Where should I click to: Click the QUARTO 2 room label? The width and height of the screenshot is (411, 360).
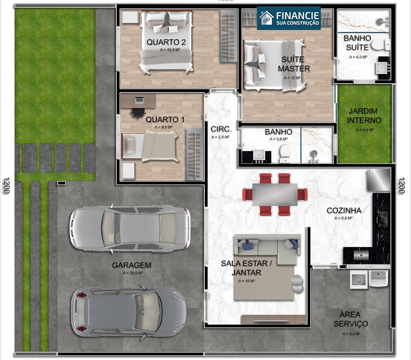166,42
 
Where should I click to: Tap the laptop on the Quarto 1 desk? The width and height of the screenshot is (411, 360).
139,100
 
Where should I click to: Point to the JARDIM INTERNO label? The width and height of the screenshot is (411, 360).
364,116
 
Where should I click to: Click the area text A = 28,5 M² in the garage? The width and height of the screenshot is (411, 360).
133,273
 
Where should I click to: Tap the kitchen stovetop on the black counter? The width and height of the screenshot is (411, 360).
382,220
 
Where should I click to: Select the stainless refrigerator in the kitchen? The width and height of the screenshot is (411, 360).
379,180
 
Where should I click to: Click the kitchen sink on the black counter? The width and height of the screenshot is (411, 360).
361,255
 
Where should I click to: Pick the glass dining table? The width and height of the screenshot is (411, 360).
275,194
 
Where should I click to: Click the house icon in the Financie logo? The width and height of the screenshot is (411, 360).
267,18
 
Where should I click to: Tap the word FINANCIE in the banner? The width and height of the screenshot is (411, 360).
298,15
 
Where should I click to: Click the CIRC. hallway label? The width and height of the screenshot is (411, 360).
221,129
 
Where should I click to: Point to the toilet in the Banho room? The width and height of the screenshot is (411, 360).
284,153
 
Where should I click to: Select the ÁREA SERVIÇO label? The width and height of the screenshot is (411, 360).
351,319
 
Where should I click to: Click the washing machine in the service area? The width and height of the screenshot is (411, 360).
359,280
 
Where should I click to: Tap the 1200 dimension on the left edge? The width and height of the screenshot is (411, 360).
6,185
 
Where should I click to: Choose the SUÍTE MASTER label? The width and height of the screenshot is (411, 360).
294,64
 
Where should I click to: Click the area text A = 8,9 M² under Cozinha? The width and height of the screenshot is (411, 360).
344,218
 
